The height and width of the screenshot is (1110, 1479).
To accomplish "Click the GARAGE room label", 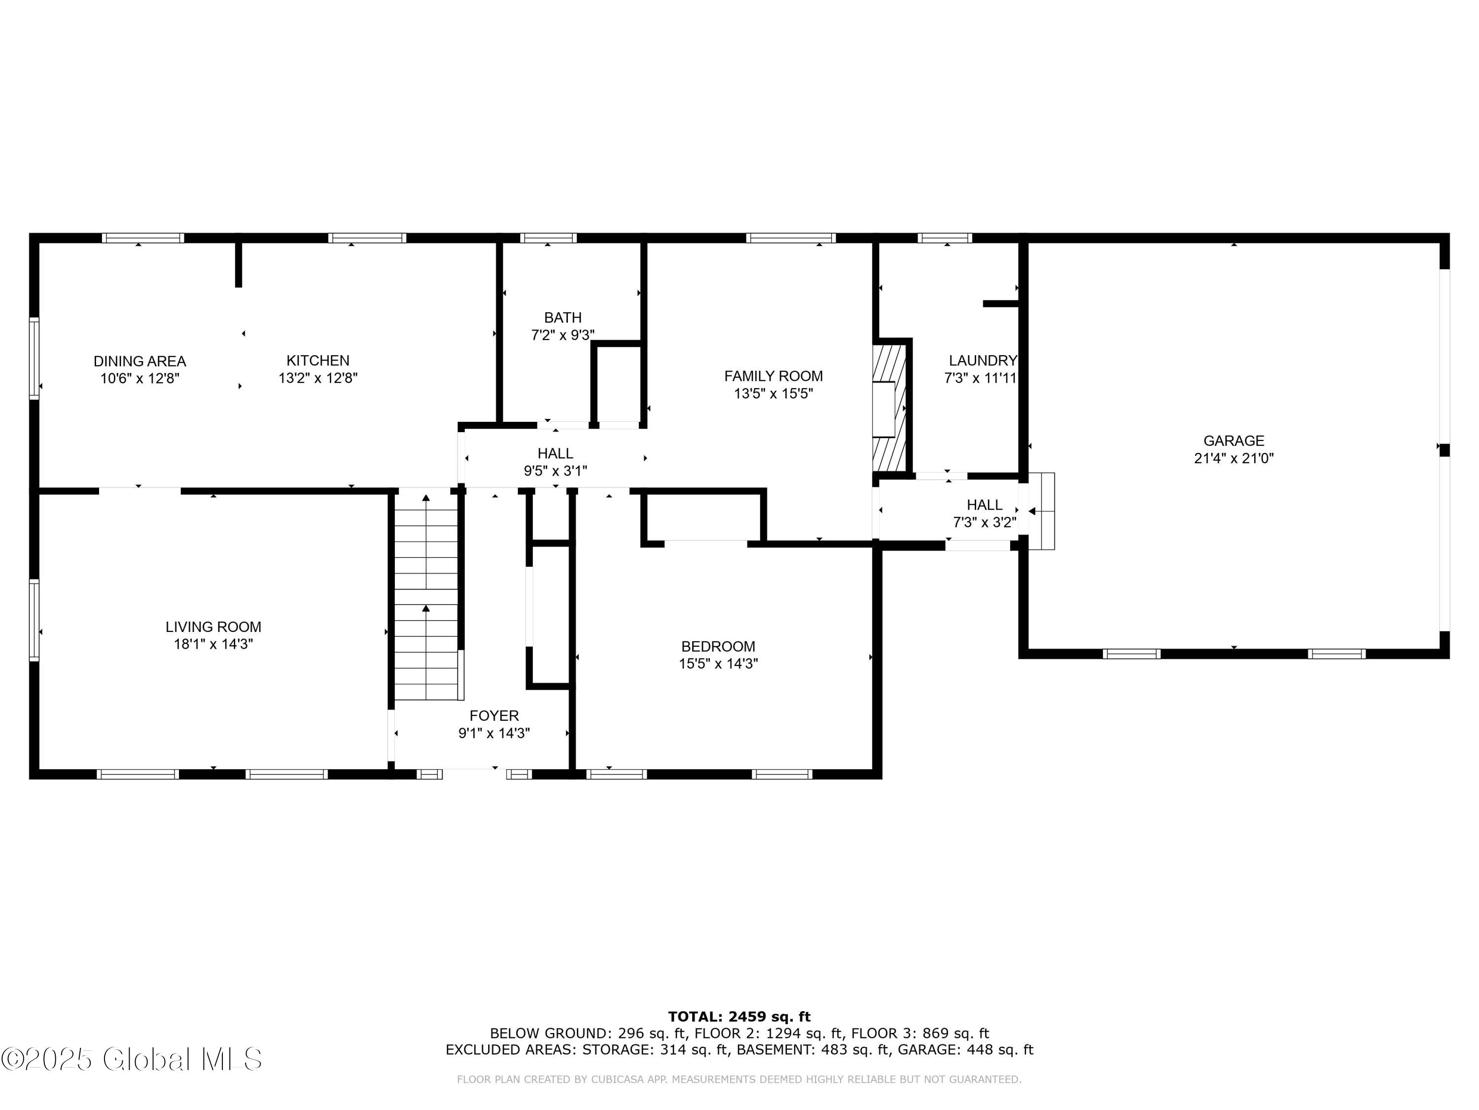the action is click(1233, 441).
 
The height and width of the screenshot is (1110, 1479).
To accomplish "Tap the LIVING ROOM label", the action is click(213, 627).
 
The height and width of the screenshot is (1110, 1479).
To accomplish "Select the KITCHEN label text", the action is click(318, 361).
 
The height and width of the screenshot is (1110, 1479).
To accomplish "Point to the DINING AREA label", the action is click(140, 361).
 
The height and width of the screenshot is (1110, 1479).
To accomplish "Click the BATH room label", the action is click(563, 318).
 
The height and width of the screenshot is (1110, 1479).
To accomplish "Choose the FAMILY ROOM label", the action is click(774, 376).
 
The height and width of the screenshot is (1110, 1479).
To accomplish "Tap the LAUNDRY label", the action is click(983, 361).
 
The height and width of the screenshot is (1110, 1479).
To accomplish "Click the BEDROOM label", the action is click(718, 646).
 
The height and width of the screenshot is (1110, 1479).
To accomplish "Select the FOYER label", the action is click(494, 716).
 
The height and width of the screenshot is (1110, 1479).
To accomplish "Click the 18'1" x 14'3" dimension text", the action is click(213, 644).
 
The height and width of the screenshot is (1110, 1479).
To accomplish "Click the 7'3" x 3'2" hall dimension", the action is click(985, 522).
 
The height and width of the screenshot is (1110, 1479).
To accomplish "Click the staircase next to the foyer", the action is click(426, 595).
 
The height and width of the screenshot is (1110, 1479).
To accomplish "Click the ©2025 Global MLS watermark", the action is click(132, 1059).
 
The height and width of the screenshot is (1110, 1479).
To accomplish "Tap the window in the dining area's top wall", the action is click(143, 237).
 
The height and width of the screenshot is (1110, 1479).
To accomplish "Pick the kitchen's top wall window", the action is click(367, 237).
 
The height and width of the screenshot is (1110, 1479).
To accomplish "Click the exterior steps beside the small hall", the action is click(1042, 511).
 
